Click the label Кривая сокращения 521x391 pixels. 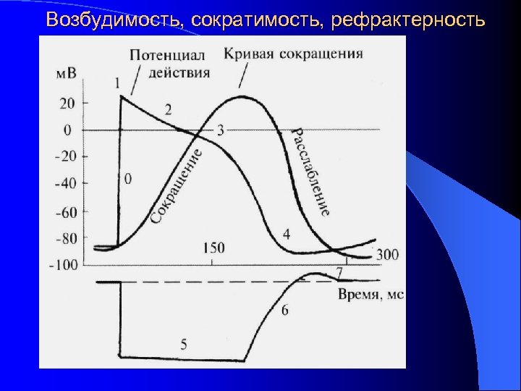pos(293,54)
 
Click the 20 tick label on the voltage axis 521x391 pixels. pos(67,104)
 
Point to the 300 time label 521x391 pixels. pos(388,254)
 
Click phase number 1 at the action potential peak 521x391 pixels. pos(117,83)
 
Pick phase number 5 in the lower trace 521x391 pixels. pos(183,344)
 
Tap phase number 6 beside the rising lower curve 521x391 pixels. pos(284,310)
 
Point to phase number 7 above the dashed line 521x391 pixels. pos(339,272)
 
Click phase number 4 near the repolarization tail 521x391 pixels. pos(287,234)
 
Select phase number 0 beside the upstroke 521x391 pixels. pos(128,178)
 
